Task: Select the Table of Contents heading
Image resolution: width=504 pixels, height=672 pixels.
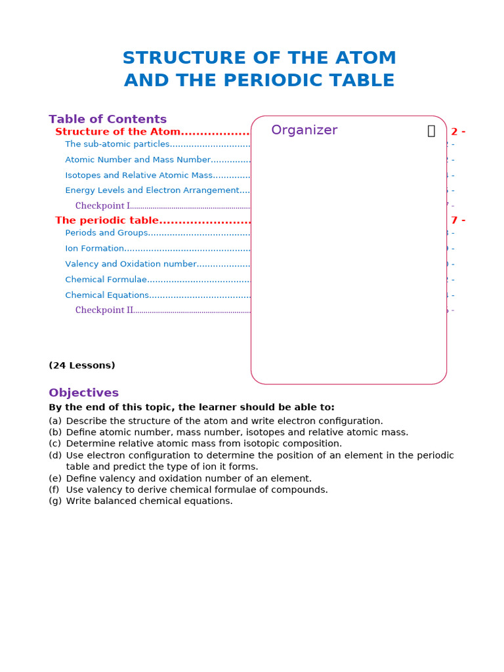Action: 108,119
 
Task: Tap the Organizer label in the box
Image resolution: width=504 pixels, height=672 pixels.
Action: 304,130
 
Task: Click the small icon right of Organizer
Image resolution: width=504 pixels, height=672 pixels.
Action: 431,131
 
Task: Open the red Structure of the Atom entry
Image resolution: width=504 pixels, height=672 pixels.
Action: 117,132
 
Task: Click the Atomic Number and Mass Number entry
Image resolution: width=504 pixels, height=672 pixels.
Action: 138,159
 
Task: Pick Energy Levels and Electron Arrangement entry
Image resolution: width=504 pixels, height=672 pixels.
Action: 152,190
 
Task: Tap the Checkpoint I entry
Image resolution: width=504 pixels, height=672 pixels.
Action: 102,206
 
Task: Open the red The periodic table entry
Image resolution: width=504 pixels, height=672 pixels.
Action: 107,220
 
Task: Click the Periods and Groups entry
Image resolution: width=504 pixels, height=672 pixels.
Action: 106,233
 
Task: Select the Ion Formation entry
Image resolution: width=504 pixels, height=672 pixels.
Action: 94,249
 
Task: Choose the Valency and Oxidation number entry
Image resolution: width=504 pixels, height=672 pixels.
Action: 131,264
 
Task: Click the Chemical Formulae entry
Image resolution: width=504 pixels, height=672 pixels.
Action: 106,280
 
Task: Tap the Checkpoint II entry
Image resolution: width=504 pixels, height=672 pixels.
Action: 104,310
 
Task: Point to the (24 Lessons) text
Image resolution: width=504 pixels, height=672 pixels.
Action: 82,366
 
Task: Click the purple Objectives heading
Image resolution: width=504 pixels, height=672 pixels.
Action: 83,393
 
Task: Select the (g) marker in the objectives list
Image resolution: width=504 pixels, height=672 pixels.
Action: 55,501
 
